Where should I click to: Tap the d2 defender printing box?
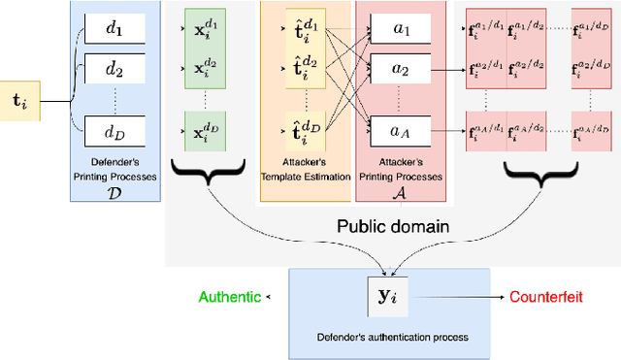coord(114,68)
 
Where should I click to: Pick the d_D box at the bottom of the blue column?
coord(114,130)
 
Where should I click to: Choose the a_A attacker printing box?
coord(400,130)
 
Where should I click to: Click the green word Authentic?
coord(229,297)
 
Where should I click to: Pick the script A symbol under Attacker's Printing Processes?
coord(400,194)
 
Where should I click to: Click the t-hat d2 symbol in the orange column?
coord(304,68)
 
